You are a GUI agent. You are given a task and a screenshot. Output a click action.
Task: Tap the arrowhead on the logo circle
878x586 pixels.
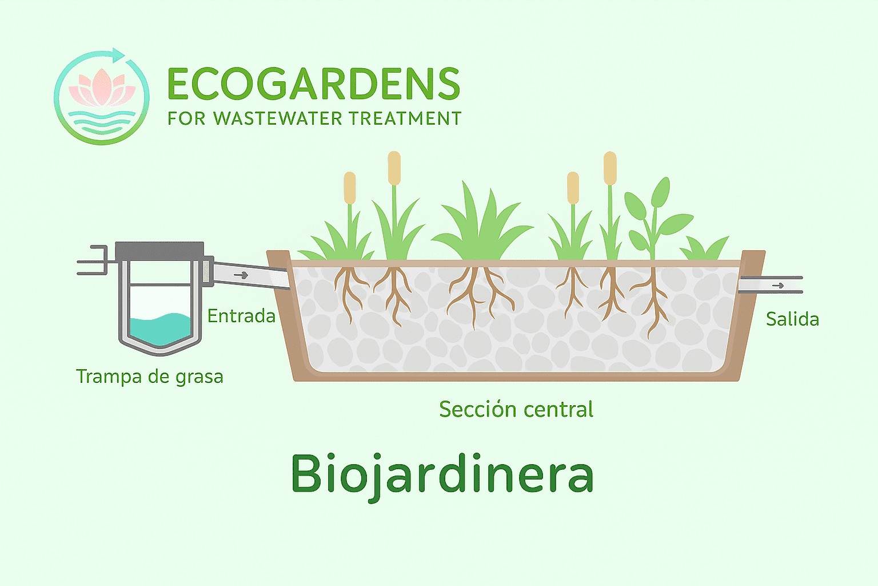[x=118, y=56]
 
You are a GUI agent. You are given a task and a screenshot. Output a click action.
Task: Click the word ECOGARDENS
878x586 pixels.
[x=314, y=84]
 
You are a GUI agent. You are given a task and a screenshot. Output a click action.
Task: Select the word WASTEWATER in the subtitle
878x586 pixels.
[x=277, y=118]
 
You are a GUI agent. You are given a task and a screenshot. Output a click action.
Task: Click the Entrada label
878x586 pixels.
[x=241, y=316]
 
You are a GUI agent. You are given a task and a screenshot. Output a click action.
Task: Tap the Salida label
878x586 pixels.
[x=793, y=319]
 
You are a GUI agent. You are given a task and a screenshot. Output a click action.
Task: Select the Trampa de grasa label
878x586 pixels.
[x=150, y=377]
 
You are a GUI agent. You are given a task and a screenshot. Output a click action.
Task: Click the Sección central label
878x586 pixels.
[x=516, y=409]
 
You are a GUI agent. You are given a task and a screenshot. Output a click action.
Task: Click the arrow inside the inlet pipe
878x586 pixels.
[x=241, y=275]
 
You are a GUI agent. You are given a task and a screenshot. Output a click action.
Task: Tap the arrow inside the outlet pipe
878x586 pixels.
[x=778, y=286]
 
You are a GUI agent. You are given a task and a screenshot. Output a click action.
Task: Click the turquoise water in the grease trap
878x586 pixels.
[x=160, y=328]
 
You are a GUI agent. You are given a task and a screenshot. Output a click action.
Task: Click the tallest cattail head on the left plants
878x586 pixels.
[x=394, y=168]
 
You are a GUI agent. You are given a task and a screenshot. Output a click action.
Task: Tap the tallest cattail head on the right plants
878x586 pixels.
[x=610, y=168]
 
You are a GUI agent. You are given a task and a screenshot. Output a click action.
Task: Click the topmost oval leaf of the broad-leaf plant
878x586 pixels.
[x=661, y=192]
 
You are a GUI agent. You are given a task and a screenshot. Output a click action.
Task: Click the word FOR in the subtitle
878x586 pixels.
[x=186, y=118]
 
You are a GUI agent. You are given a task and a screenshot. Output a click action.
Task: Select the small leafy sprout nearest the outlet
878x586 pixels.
[x=704, y=248]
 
